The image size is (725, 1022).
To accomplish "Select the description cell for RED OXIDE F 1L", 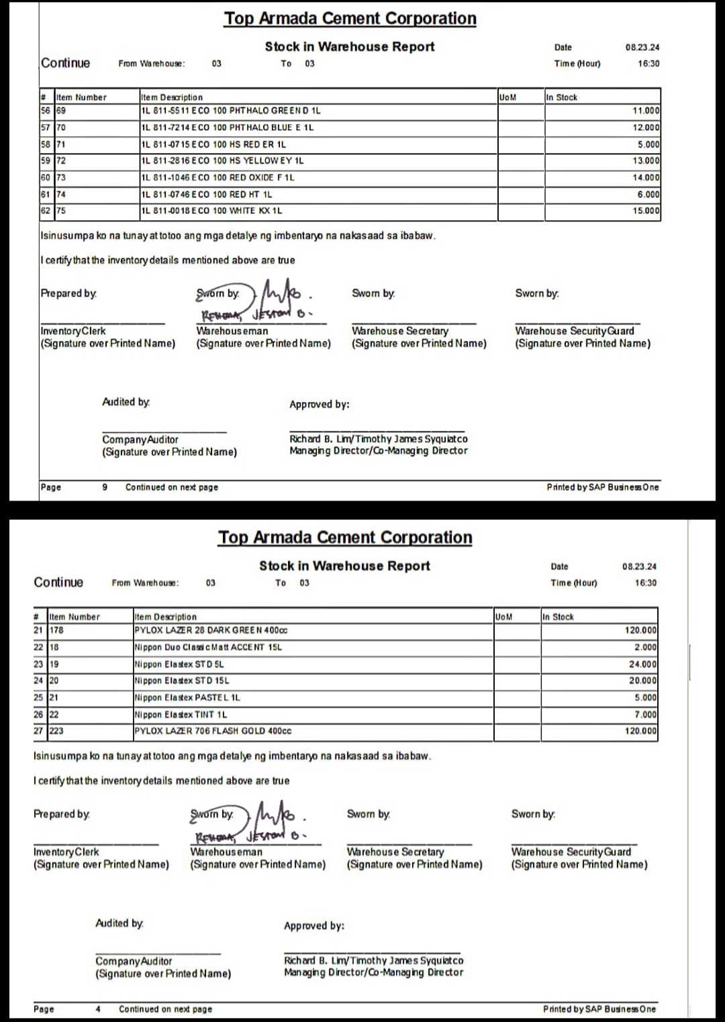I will [217, 178].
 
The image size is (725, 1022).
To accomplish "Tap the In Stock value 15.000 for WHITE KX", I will [647, 211].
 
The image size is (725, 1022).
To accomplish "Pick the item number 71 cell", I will [61, 144].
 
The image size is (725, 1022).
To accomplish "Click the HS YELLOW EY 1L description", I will [223, 161].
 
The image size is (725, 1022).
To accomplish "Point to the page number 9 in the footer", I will [105, 487].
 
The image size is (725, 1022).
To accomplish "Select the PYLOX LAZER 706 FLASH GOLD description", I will [213, 731].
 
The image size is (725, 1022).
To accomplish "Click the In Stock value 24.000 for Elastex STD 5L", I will [642, 664].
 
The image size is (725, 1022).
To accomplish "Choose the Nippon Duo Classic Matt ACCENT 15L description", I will [208, 648].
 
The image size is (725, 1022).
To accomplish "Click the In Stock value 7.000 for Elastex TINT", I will [645, 715].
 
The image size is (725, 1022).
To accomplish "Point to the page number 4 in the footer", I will [98, 1009].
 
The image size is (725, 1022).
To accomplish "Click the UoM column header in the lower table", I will [503, 617].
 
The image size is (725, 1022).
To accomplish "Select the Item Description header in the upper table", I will [172, 97].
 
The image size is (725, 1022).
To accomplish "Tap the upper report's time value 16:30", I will [648, 64].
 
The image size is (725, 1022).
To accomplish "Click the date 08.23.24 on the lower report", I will [639, 566].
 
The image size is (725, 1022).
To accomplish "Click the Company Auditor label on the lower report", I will [134, 961].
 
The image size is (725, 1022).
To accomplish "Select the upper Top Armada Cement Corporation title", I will [350, 18].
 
